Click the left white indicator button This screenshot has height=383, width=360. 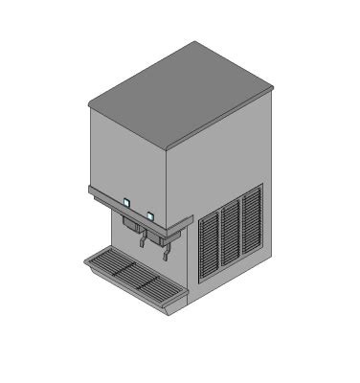pos(126,202)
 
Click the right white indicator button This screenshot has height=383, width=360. pos(150,214)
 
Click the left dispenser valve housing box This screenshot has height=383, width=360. pos(130,224)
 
